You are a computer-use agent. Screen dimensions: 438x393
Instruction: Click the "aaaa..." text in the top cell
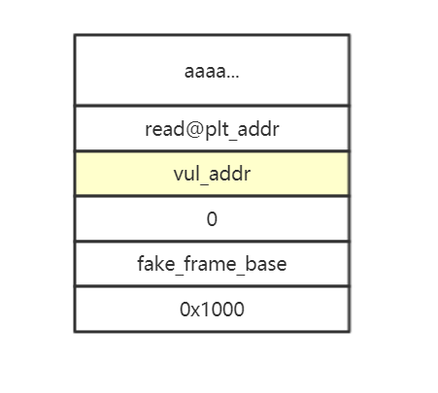click(x=212, y=71)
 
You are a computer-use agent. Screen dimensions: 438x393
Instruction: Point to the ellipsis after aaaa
click(x=233, y=77)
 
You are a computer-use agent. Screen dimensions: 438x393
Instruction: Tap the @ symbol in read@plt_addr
click(x=193, y=129)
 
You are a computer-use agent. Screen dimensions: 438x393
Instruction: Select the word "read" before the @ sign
click(x=164, y=129)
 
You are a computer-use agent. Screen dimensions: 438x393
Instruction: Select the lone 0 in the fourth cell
click(x=212, y=219)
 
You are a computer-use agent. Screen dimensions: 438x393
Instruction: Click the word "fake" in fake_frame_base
click(x=156, y=264)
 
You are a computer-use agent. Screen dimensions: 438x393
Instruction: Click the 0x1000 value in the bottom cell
click(x=212, y=309)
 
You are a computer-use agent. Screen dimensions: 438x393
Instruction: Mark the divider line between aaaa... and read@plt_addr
click(x=212, y=106)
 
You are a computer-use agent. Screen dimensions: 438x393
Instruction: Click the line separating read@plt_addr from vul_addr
click(x=212, y=150)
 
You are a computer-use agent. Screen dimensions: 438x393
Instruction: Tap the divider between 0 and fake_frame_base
click(x=212, y=241)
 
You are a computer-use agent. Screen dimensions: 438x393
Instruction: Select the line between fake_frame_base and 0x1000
click(x=212, y=286)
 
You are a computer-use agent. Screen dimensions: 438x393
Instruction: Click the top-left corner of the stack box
click(x=75, y=35)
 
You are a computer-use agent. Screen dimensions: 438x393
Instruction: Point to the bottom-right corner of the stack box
click(x=350, y=331)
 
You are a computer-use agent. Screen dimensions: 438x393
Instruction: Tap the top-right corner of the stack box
click(x=350, y=35)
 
